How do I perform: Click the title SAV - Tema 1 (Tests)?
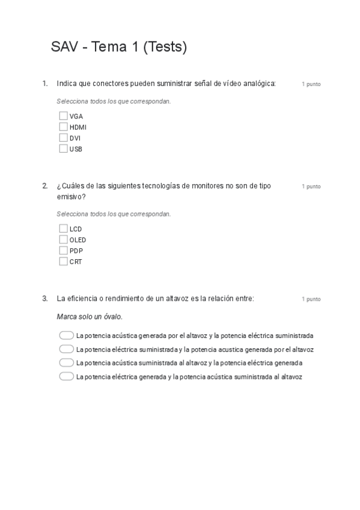click(119, 48)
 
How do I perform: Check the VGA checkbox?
click(63, 116)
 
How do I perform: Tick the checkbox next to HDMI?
click(63, 127)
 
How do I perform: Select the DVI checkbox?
click(63, 138)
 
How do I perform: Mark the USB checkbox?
click(63, 149)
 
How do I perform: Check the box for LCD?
click(63, 229)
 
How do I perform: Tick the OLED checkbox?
click(63, 239)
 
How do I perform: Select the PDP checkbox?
click(63, 250)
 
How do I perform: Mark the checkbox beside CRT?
click(63, 261)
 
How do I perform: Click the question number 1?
click(44, 84)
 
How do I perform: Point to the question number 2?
click(44, 186)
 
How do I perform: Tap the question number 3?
click(44, 298)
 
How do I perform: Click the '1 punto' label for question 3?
click(311, 299)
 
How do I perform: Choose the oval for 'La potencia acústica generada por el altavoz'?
click(66, 336)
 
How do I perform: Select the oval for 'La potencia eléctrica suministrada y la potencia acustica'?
click(66, 349)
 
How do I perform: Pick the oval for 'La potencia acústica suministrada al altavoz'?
click(66, 363)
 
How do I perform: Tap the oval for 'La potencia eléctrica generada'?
click(66, 376)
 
